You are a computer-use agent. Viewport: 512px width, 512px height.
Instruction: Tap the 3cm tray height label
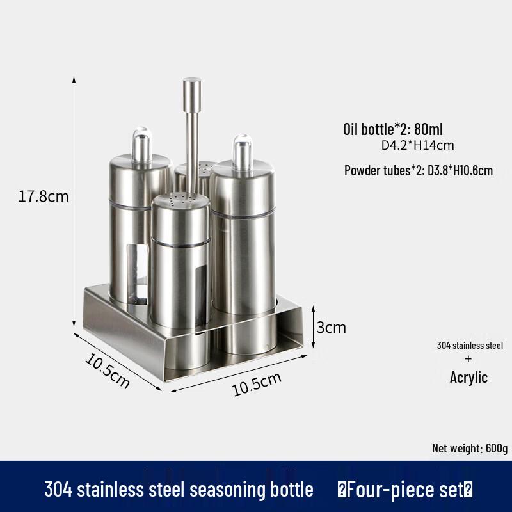tap(332, 328)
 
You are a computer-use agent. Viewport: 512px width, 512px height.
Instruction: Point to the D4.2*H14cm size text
tap(417, 145)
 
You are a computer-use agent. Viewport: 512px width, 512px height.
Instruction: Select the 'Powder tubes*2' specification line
tap(418, 171)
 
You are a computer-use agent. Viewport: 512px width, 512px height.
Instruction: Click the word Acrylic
tap(468, 378)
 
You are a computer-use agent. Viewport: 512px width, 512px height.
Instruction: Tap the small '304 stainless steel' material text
tap(470, 346)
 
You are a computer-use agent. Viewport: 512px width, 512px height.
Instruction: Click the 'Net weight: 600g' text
tap(469, 448)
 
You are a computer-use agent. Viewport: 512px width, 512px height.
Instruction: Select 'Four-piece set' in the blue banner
tap(405, 490)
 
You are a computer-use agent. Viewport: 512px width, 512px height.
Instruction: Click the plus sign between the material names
tap(470, 360)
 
